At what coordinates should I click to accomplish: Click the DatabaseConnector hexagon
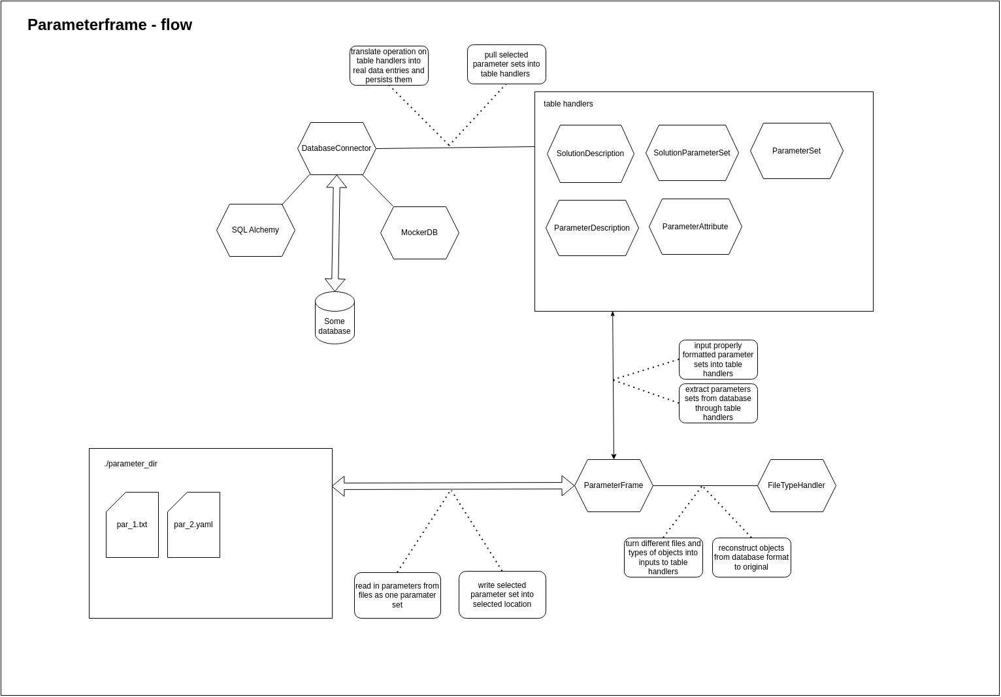point(336,149)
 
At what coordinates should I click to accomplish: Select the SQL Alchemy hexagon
point(255,230)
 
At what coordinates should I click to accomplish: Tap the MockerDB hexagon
point(419,233)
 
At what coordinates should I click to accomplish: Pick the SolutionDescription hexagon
point(590,154)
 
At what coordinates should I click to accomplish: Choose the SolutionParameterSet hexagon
point(692,153)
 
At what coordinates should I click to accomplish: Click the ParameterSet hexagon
point(796,151)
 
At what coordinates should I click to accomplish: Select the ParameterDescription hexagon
point(592,228)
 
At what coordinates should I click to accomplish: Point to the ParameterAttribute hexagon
point(695,227)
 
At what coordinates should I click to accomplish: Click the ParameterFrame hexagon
point(614,485)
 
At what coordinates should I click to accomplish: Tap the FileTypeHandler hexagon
point(796,485)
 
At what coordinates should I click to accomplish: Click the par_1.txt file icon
point(132,525)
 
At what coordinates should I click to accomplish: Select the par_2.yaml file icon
point(193,525)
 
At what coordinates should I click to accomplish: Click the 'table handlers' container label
point(568,104)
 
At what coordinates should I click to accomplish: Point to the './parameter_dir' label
point(131,464)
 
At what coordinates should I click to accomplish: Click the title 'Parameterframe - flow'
point(110,25)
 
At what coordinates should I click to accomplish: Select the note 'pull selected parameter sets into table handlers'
point(506,64)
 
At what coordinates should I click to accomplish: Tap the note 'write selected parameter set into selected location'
point(502,594)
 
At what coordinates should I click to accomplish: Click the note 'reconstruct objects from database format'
point(751,557)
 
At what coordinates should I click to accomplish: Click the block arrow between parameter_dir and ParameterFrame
point(453,486)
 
